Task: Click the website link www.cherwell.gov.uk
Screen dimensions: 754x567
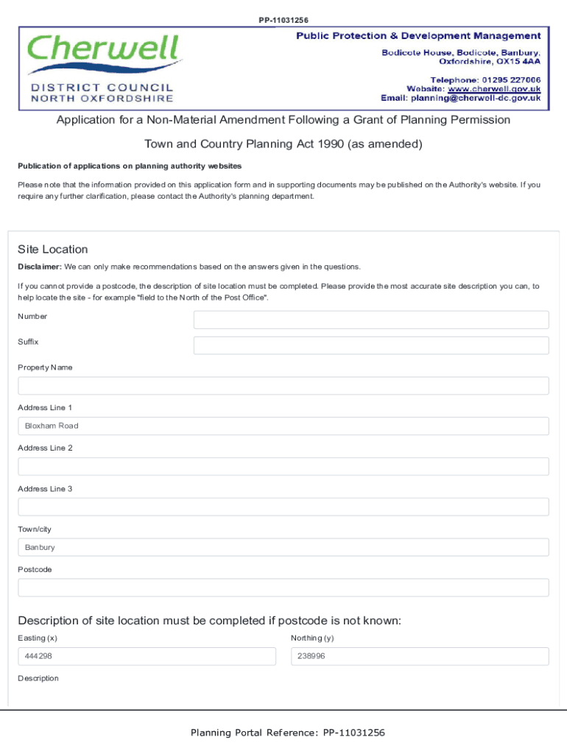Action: tap(495, 88)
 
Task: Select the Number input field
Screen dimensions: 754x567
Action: tap(371, 320)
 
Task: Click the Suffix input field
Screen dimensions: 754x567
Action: tap(371, 345)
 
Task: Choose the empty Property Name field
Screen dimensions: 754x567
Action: tap(283, 386)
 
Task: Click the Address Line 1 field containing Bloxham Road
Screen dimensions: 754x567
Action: tap(283, 426)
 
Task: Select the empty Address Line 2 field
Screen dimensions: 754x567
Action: tap(283, 466)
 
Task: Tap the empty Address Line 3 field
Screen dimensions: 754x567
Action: tap(283, 507)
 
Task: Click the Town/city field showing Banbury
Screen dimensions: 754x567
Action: tap(283, 547)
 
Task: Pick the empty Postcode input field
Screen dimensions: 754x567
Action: tap(283, 588)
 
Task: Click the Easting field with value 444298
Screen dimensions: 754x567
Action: tap(147, 656)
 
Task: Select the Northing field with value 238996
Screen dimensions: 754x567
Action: tap(420, 656)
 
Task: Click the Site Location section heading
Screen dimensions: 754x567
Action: tap(53, 250)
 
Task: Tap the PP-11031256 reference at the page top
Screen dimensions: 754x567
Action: tap(283, 20)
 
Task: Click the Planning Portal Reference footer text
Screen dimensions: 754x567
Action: tap(288, 733)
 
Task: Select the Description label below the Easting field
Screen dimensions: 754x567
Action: tap(38, 678)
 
